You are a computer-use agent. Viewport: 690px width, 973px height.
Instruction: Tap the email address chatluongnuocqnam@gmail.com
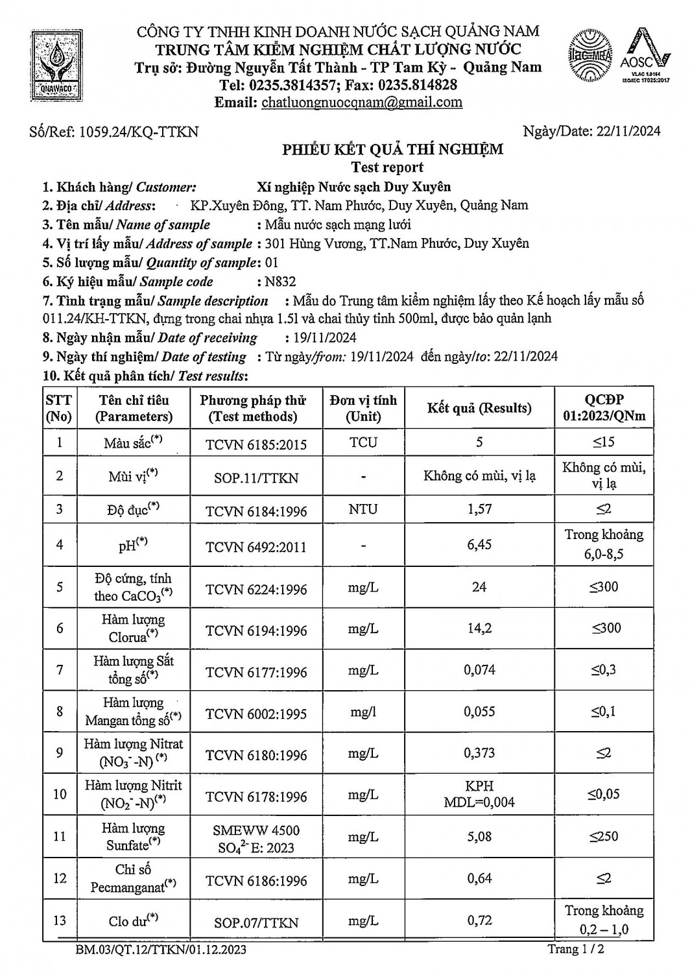click(361, 102)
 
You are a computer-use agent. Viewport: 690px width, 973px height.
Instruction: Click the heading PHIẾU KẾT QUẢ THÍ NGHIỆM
click(392, 150)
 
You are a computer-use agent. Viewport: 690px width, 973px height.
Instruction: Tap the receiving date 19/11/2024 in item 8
click(320, 338)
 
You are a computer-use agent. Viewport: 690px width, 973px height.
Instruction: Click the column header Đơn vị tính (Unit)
click(363, 408)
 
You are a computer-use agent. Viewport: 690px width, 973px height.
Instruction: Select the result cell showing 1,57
click(479, 509)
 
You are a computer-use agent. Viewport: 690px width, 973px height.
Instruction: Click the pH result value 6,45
click(479, 544)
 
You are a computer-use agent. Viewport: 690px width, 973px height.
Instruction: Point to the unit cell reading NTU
click(363, 509)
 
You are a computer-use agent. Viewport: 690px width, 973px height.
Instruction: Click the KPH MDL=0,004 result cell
click(479, 794)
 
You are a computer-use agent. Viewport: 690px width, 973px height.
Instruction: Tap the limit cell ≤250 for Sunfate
click(604, 837)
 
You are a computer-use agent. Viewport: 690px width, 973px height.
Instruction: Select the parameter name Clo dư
click(134, 920)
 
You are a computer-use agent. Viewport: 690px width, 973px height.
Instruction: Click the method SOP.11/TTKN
click(256, 478)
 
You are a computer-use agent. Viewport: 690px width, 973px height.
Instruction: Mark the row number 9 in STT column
click(60, 753)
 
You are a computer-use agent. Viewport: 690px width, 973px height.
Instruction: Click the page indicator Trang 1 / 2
click(577, 950)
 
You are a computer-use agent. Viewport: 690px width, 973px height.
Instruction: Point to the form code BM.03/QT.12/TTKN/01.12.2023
click(161, 950)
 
